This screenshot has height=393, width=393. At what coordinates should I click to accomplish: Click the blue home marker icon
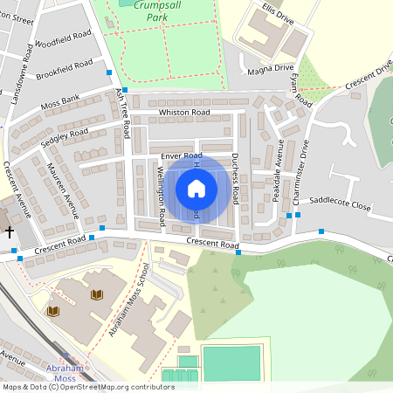[x=196, y=188]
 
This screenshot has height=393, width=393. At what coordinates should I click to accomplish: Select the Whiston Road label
[x=184, y=113]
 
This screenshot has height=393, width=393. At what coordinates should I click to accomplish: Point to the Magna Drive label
[x=270, y=67]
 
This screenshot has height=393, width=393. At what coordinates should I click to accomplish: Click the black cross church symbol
[x=10, y=232]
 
